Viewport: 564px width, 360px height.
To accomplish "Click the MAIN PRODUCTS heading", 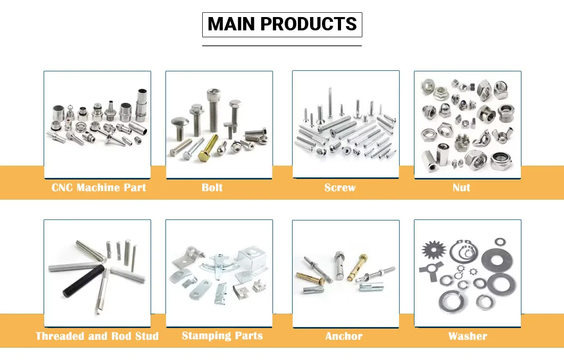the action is click(282, 24).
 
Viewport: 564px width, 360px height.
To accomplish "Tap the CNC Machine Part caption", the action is click(98, 187).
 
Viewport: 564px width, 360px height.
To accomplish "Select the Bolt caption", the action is click(212, 187).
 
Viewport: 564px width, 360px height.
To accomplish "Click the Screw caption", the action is click(340, 187).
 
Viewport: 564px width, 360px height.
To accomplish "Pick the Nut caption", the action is click(461, 187).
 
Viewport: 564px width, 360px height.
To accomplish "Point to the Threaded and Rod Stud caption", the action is click(97, 336).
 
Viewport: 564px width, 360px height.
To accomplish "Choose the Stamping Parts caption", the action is click(222, 336).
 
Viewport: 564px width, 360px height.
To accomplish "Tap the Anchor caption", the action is click(344, 336).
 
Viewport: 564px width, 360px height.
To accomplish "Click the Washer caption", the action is click(467, 336).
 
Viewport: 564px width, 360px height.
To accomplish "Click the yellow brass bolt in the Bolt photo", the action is click(208, 149).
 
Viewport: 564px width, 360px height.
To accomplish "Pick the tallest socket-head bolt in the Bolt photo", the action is click(212, 111).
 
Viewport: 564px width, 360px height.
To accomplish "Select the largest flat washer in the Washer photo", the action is click(497, 259).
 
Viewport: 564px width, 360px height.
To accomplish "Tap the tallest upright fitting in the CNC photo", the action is click(142, 105).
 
